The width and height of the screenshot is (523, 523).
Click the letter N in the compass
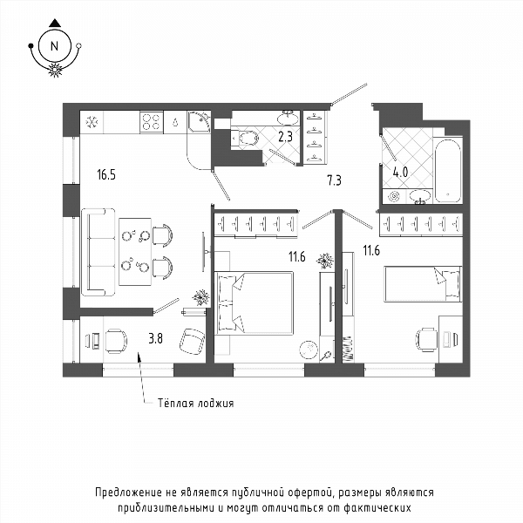click(x=54, y=46)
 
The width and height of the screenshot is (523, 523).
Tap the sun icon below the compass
click(x=55, y=70)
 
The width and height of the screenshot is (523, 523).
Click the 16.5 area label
click(x=106, y=175)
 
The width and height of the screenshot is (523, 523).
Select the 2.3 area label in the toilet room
click(x=286, y=137)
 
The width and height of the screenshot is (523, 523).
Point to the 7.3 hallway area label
click(x=334, y=180)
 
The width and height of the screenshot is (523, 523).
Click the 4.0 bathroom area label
click(x=400, y=172)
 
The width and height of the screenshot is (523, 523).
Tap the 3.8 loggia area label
click(x=155, y=338)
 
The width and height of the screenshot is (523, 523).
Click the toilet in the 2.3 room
click(x=245, y=138)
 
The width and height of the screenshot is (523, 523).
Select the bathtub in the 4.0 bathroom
click(x=448, y=171)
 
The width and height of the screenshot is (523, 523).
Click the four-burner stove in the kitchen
click(x=152, y=122)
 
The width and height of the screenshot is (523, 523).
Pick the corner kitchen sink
click(x=199, y=122)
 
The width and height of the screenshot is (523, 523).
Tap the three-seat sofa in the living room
click(x=98, y=252)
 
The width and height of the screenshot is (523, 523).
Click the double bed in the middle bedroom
click(x=254, y=302)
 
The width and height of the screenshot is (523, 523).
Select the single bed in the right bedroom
click(x=423, y=284)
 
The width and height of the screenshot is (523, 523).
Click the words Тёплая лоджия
click(x=195, y=403)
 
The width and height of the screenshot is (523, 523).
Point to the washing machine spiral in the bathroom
click(x=394, y=196)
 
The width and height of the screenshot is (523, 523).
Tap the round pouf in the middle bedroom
click(x=309, y=350)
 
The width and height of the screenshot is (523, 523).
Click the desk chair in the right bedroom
click(x=427, y=340)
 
